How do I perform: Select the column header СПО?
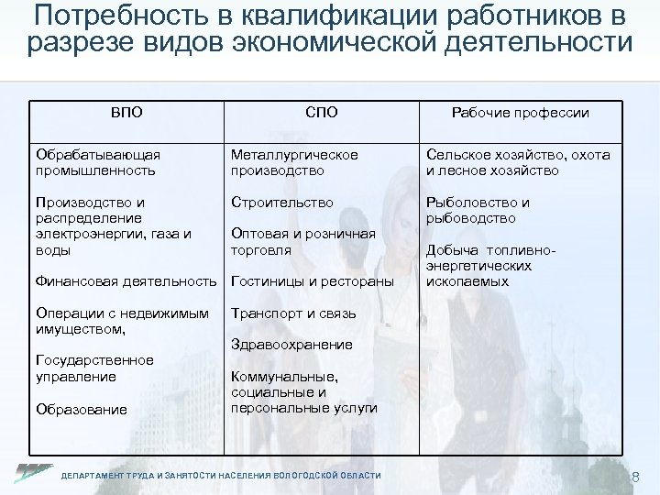pos(322,113)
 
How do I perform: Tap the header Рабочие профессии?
pos(520,113)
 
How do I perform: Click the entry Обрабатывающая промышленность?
pos(96,162)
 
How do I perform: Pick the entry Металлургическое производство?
pos(294,162)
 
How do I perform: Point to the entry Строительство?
pos(282,202)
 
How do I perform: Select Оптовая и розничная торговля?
pos(303,241)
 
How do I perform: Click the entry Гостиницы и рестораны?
pos(313,280)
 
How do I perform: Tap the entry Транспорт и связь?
pos(293,313)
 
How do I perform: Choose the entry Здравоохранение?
pos(291,345)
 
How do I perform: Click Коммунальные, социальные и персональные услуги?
pos(303,391)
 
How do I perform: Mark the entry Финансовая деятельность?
pos(127,280)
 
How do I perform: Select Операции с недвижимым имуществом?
pos(120,321)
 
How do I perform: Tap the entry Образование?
pos(81,409)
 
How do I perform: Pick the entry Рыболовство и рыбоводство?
pos(476,210)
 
